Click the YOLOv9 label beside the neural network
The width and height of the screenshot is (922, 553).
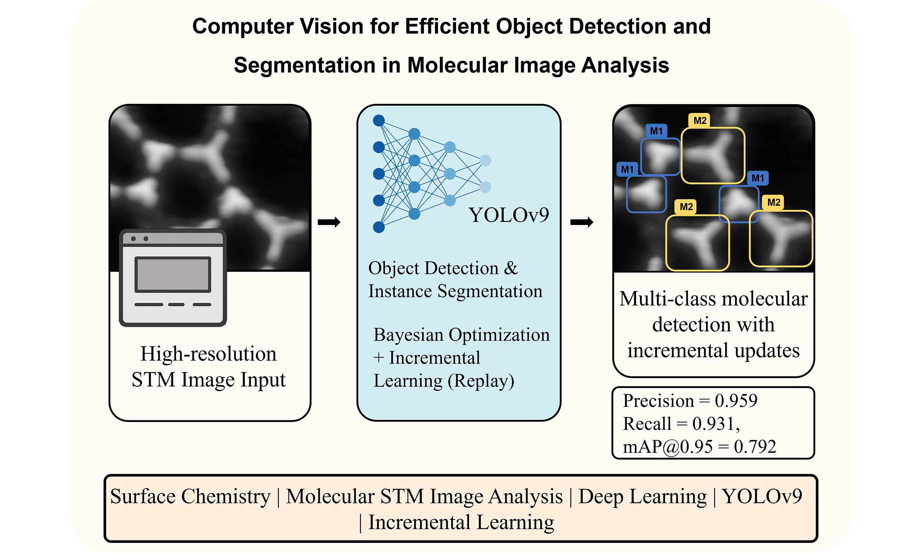pyautogui.click(x=508, y=215)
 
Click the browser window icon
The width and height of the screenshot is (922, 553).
pyautogui.click(x=173, y=278)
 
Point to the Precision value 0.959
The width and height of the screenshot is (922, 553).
pyautogui.click(x=736, y=401)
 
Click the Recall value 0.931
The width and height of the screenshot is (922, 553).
pyautogui.click(x=713, y=424)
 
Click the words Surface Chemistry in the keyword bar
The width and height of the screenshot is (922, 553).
pyautogui.click(x=190, y=496)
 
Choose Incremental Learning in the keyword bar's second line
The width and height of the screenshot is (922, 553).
pyautogui.click(x=461, y=522)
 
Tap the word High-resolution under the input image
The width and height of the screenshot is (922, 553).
pyautogui.click(x=208, y=354)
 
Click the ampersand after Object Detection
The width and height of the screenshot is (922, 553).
pyautogui.click(x=511, y=268)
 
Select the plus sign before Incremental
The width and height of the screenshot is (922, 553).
pyautogui.click(x=378, y=358)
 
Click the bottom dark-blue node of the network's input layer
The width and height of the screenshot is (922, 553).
pyautogui.click(x=379, y=227)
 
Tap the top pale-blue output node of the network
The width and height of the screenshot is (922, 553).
pyautogui.click(x=485, y=161)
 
